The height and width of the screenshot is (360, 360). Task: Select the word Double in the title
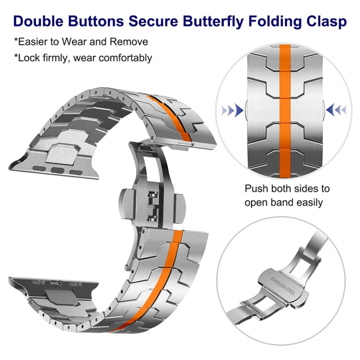(38, 21)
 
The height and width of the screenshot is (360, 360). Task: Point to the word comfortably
(125, 58)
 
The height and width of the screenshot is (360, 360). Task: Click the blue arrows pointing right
(232, 110)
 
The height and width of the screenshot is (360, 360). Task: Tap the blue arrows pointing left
(336, 110)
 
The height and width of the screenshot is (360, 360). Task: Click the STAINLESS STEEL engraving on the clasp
(282, 286)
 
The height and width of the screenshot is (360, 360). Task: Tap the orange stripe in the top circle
(285, 111)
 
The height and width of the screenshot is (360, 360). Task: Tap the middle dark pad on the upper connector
(58, 170)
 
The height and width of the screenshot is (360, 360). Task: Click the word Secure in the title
(153, 21)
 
